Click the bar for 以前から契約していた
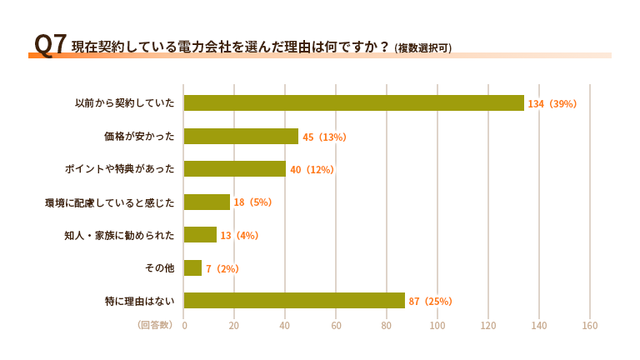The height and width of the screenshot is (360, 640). pyautogui.click(x=353, y=103)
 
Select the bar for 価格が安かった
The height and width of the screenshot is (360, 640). pyautogui.click(x=241, y=137)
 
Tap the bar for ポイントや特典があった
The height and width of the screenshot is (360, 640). pyautogui.click(x=234, y=169)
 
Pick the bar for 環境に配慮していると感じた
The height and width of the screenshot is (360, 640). pyautogui.click(x=207, y=202)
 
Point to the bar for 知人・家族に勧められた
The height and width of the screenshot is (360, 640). pyautogui.click(x=200, y=235)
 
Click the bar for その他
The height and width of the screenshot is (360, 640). pyautogui.click(x=192, y=268)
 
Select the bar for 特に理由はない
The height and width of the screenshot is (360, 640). pyautogui.click(x=294, y=301)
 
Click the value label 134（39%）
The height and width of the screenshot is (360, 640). pyautogui.click(x=552, y=104)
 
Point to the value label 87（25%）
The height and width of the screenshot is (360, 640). pyautogui.click(x=431, y=302)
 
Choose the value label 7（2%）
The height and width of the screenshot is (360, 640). pyautogui.click(x=222, y=268)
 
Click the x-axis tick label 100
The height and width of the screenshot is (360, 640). pyautogui.click(x=437, y=325)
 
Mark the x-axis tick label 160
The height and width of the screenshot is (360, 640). pyautogui.click(x=590, y=325)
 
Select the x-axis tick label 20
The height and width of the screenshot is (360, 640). pyautogui.click(x=234, y=325)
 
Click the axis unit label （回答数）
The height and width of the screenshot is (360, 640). pyautogui.click(x=154, y=325)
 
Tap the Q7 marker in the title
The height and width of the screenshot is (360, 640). pyautogui.click(x=49, y=44)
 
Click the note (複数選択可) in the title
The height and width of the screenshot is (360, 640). pyautogui.click(x=423, y=47)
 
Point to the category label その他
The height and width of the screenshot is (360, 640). pyautogui.click(x=159, y=268)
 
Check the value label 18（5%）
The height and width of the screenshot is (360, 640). pyautogui.click(x=253, y=202)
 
